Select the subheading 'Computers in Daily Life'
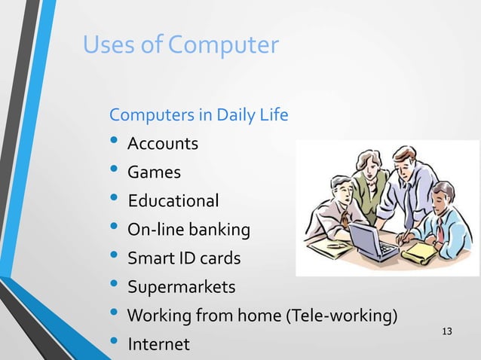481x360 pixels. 199,115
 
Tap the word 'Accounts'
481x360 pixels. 163,144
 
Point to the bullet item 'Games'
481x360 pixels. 154,172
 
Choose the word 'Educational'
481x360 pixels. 173,201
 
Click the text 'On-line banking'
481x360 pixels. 188,230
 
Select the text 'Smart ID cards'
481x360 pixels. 184,258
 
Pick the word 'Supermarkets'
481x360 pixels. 181,287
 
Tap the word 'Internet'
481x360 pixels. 158,344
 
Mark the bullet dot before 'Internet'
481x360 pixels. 114,343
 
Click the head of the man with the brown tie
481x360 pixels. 339,189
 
